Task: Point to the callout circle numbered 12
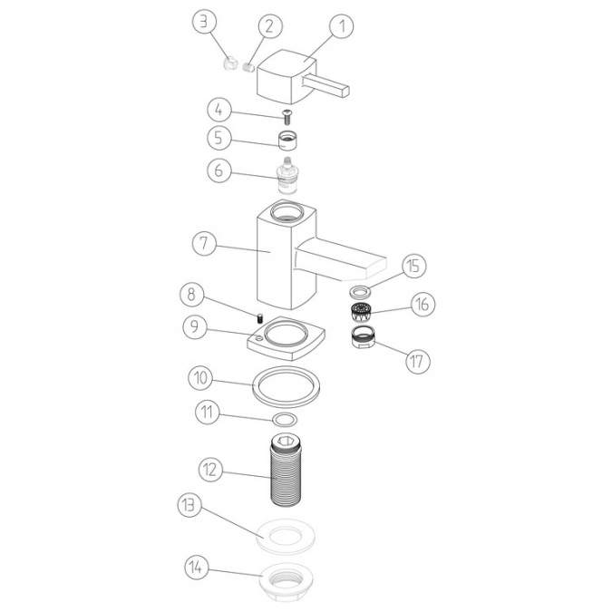coord(211,470)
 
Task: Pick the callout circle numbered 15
coord(413,267)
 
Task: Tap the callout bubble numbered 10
coord(201,375)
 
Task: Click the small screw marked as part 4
coord(286,115)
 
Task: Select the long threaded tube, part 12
coord(287,471)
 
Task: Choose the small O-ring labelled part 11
coord(284,419)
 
